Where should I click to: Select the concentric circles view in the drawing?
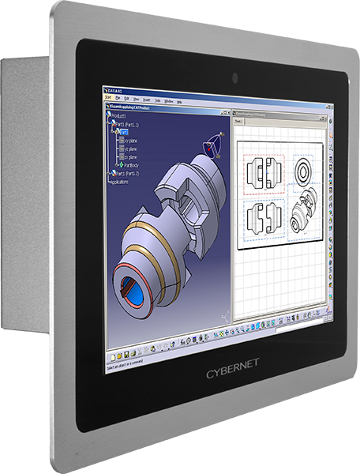pyautogui.click(x=305, y=169)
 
